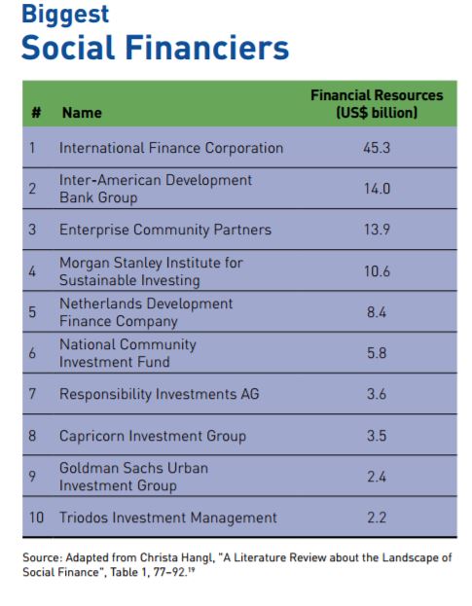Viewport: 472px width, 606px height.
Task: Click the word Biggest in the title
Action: coord(65,16)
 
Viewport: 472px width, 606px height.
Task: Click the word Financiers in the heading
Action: coord(207,48)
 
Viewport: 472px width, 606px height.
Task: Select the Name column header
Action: coord(82,113)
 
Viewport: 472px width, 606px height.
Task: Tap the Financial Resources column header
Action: coord(377,104)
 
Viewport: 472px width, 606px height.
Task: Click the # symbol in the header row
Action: coord(36,113)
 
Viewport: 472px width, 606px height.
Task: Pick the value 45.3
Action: coord(377,148)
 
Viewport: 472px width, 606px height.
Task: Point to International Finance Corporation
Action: coord(171,148)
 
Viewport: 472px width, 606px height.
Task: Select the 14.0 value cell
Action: coord(377,189)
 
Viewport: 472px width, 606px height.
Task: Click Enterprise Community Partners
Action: coord(165,230)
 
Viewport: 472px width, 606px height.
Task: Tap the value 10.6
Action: coord(377,271)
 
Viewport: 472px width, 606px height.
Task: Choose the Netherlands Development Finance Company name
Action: coord(146,312)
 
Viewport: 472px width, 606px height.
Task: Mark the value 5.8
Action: coord(377,353)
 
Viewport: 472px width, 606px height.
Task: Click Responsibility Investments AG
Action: coord(160,394)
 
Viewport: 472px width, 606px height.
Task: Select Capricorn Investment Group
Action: coord(153,436)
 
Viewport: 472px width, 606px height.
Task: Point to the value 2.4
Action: coord(377,477)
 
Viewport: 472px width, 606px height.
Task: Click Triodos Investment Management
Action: coord(168,517)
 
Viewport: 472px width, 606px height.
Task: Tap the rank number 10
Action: coord(36,517)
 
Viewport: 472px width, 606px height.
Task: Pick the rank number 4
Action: coord(32,271)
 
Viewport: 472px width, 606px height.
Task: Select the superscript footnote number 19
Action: coord(191,569)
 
